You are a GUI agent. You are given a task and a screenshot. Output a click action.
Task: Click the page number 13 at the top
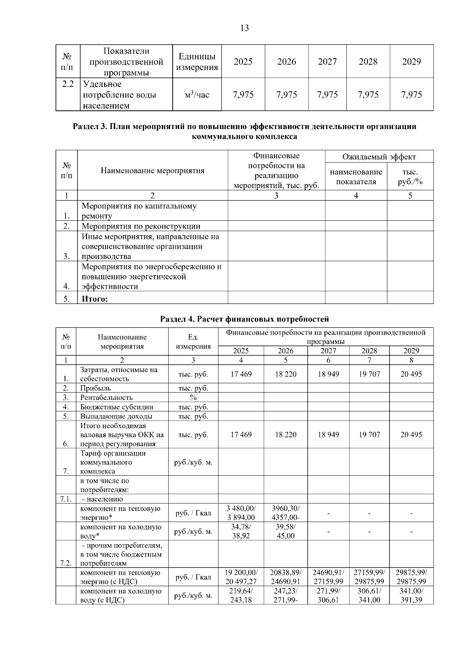pyautogui.click(x=244, y=28)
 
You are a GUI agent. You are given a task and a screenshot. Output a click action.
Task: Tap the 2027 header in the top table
pyautogui.click(x=327, y=62)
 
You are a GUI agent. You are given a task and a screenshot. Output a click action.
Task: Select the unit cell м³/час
pyautogui.click(x=197, y=95)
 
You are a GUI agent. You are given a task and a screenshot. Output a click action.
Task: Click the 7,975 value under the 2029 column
pyautogui.click(x=411, y=95)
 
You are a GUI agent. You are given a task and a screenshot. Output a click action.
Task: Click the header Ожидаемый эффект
pyautogui.click(x=379, y=157)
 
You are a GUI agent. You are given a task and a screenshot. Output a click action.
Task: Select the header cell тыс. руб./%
pyautogui.click(x=410, y=177)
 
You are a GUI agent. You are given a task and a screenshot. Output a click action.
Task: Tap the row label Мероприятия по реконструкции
pyautogui.click(x=141, y=226)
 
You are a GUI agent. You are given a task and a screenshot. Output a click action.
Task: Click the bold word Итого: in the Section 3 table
pyautogui.click(x=95, y=299)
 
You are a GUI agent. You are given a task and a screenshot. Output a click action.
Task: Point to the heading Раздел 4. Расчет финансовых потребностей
pyautogui.click(x=244, y=319)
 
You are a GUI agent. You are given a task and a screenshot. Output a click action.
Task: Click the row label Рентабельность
pyautogui.click(x=106, y=397)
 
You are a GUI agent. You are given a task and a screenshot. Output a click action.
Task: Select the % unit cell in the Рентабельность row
pyautogui.click(x=193, y=397)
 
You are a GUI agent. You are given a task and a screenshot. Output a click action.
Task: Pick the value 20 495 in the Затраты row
pyautogui.click(x=411, y=374)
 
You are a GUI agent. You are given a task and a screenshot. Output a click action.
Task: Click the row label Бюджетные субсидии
pyautogui.click(x=116, y=407)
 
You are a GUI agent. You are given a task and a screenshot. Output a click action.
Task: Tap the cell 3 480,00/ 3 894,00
pyautogui.click(x=241, y=513)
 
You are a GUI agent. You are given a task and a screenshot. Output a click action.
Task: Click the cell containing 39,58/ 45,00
pyautogui.click(x=285, y=531)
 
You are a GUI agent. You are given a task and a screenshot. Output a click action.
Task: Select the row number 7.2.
pyautogui.click(x=66, y=563)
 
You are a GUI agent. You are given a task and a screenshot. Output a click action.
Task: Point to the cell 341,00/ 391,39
pyautogui.click(x=411, y=595)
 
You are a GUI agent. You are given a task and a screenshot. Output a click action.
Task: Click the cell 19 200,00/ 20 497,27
pyautogui.click(x=241, y=577)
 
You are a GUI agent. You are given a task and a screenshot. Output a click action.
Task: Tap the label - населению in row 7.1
pyautogui.click(x=102, y=499)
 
